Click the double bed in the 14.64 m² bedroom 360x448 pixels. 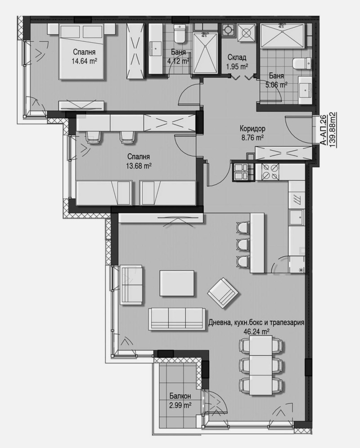coord(81,52)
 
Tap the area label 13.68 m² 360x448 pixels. coord(138,166)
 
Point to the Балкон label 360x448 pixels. coord(180,396)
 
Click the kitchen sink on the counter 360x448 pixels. coord(297,219)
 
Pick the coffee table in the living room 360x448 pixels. coord(177,283)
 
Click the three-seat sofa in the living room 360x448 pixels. coord(176,318)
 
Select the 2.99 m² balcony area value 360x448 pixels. coord(180,405)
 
